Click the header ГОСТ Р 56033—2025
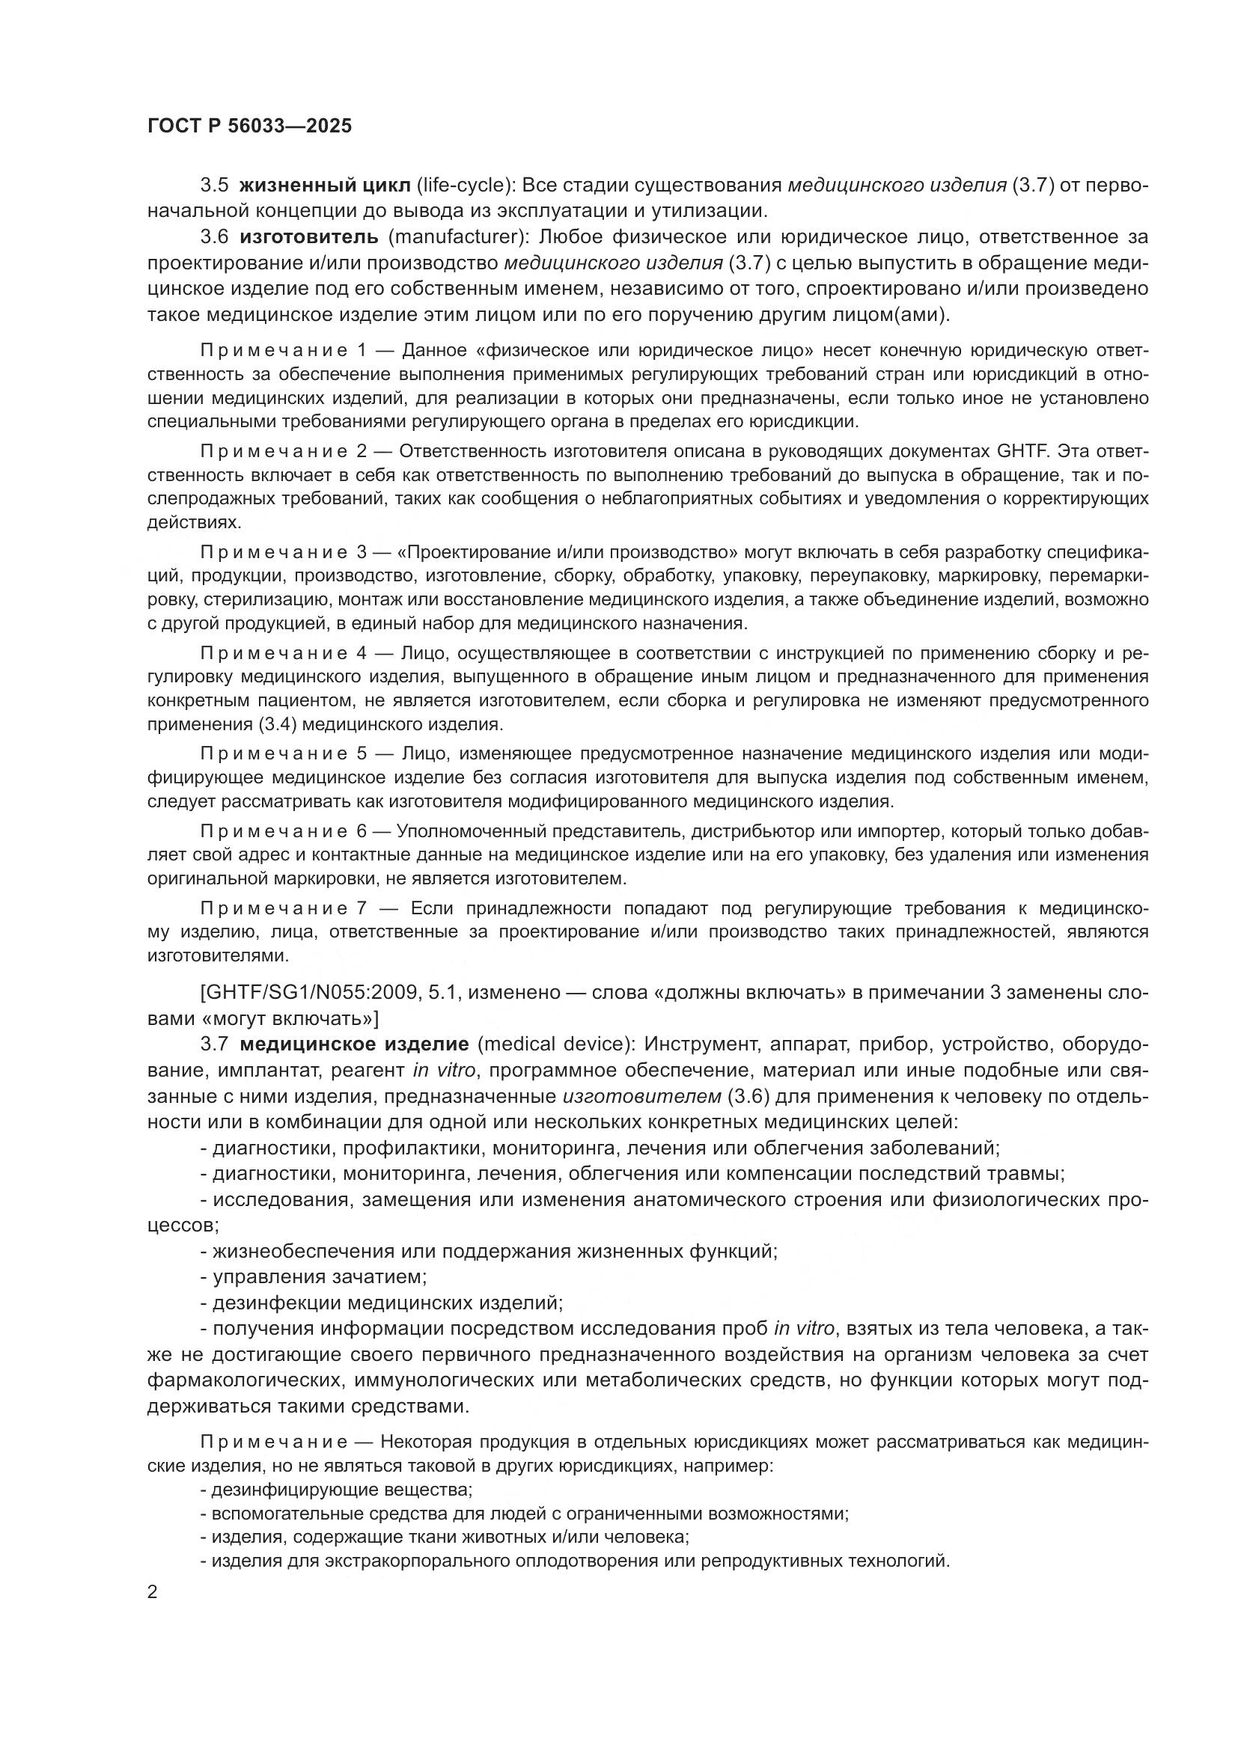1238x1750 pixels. point(249,126)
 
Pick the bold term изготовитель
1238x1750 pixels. point(308,237)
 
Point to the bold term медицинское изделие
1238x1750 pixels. point(354,1044)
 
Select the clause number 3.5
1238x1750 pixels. point(214,186)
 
